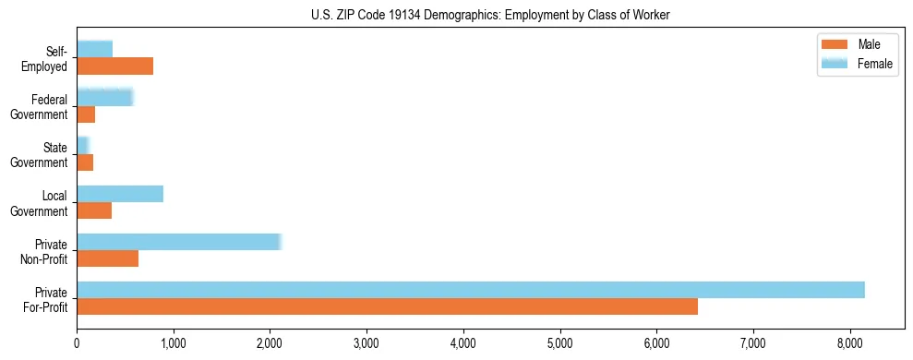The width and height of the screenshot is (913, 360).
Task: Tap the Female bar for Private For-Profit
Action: click(x=471, y=290)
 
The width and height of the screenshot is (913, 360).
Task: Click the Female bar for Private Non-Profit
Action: click(x=179, y=242)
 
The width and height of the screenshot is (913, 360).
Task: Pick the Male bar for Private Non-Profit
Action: click(x=107, y=258)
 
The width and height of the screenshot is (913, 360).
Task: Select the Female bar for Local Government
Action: click(x=120, y=194)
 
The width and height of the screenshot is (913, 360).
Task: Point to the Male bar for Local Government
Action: click(x=94, y=210)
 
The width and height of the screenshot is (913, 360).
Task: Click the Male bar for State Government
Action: click(x=85, y=162)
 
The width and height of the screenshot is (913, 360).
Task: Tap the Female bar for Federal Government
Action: click(x=105, y=97)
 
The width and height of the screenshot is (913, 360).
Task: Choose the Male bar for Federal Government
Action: click(x=86, y=114)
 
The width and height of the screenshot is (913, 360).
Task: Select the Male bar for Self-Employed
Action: click(x=114, y=66)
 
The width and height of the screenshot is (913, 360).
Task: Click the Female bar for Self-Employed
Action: click(x=94, y=49)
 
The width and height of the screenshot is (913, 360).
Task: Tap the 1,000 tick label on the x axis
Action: click(x=174, y=342)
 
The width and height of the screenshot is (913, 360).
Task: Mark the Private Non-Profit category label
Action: click(x=46, y=251)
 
